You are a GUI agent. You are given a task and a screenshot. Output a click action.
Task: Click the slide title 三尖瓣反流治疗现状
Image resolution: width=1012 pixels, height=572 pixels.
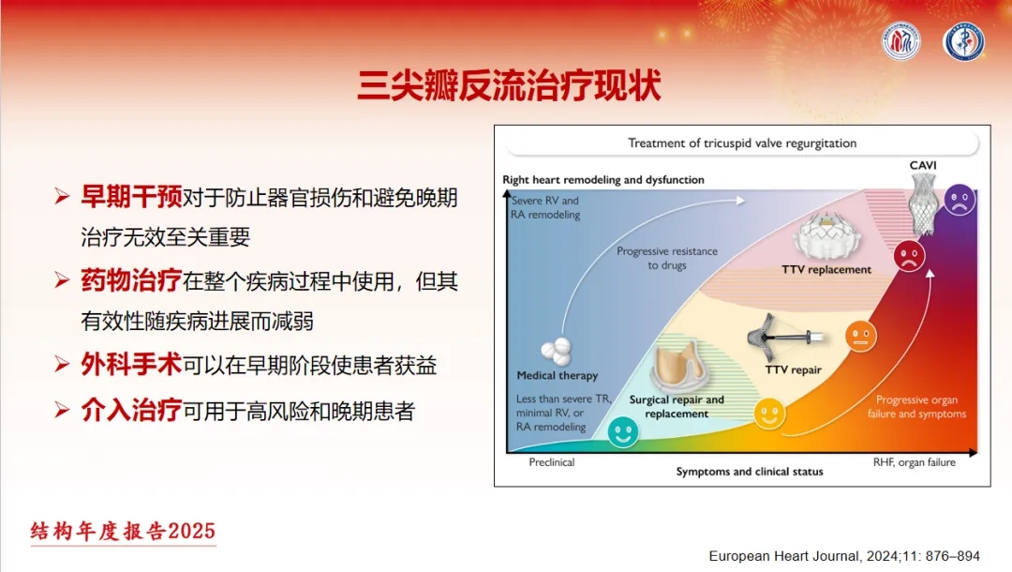pyautogui.click(x=509, y=86)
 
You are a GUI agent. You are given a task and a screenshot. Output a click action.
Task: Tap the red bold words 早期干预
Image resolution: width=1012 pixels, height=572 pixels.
pyautogui.click(x=131, y=197)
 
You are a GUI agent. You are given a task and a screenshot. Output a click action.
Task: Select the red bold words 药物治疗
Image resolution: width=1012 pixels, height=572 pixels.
pyautogui.click(x=131, y=280)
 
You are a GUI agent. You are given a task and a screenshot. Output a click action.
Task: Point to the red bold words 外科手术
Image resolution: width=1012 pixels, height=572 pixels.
pyautogui.click(x=131, y=365)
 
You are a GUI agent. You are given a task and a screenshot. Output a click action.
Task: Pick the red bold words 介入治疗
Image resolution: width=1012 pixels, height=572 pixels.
pyautogui.click(x=131, y=410)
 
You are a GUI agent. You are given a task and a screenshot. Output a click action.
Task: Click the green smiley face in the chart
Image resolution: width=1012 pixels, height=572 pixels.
pyautogui.click(x=623, y=432)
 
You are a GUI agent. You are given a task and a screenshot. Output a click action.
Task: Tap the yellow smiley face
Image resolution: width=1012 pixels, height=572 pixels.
pyautogui.click(x=769, y=414)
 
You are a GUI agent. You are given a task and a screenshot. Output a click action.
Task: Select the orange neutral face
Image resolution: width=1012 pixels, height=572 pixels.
pyautogui.click(x=861, y=336)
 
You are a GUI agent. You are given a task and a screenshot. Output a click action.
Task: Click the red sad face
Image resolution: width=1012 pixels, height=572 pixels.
pyautogui.click(x=909, y=256)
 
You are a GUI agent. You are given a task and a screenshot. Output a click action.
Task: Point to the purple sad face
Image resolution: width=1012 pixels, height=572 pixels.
pyautogui.click(x=960, y=200)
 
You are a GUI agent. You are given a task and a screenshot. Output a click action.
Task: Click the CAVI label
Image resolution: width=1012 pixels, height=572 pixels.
pyautogui.click(x=923, y=165)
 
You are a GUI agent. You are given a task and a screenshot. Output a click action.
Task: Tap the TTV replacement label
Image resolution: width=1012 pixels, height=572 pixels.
pyautogui.click(x=826, y=269)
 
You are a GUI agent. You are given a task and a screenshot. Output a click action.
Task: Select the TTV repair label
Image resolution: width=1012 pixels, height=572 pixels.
pyautogui.click(x=794, y=370)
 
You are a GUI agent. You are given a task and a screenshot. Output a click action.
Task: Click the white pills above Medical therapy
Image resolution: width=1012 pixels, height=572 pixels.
pyautogui.click(x=556, y=351)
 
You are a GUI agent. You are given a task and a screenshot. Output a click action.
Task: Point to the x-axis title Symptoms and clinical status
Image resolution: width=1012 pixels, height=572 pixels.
pyautogui.click(x=750, y=472)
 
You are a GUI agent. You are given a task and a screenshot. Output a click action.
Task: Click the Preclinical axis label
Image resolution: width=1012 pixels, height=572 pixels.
pyautogui.click(x=552, y=462)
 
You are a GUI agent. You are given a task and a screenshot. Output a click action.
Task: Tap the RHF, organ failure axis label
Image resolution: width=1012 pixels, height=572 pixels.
pyautogui.click(x=914, y=462)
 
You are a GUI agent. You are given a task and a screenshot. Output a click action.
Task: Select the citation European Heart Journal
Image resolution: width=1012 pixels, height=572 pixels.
pyautogui.click(x=844, y=556)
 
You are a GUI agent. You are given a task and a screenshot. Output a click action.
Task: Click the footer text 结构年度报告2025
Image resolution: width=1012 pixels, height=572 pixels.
pyautogui.click(x=123, y=532)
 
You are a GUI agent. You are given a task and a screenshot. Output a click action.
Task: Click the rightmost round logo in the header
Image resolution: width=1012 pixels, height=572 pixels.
pyautogui.click(x=963, y=42)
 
